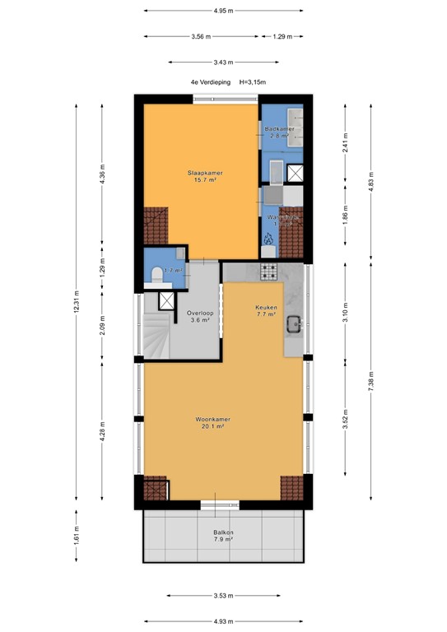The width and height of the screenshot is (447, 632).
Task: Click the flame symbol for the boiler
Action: tap(268, 239)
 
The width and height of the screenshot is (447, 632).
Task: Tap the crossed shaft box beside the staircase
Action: tap(166, 300)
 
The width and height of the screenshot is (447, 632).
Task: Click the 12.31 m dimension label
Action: tap(77, 303)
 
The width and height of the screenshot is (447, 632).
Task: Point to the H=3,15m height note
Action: tap(252, 82)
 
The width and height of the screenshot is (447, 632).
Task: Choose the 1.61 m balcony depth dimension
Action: tap(77, 537)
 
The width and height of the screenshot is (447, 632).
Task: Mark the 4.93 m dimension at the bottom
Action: tap(222, 621)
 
